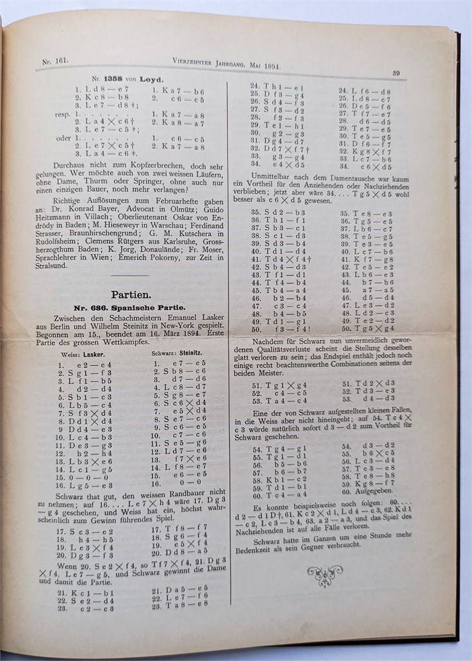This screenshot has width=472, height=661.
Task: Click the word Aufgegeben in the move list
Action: pyautogui.click(x=369, y=492)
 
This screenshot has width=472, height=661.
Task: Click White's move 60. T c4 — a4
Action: pyautogui.click(x=274, y=494)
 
